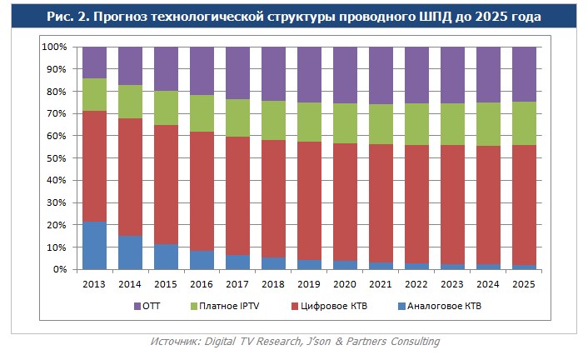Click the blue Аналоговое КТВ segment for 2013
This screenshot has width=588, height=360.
[x=94, y=246]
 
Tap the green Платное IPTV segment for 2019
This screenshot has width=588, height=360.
[x=309, y=122]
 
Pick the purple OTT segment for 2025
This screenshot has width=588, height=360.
[x=524, y=74]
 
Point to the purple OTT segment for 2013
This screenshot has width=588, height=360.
[x=94, y=62]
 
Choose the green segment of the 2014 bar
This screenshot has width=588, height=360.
[x=130, y=102]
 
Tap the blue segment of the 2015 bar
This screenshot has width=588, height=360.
[x=166, y=257]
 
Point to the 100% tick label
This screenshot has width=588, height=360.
[x=54, y=47]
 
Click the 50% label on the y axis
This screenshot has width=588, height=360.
[x=57, y=158]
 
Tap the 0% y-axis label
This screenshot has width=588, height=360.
[x=60, y=270]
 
